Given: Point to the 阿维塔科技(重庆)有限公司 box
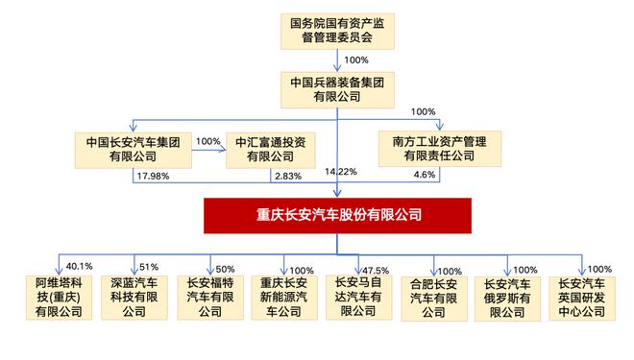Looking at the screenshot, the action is point(60,297).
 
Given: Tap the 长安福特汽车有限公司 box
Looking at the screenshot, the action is point(209,297).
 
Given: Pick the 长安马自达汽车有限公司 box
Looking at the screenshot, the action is point(358,297).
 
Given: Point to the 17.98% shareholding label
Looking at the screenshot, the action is point(154,175).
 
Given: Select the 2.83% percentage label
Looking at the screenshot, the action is point(286,175).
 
